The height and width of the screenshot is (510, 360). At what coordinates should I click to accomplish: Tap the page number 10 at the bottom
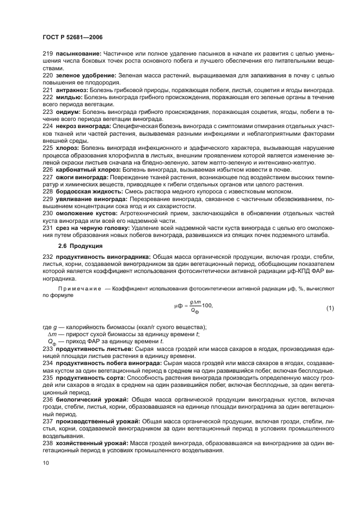[x=45, y=463]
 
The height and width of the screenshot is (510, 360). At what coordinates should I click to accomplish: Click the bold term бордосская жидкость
[x=86, y=191]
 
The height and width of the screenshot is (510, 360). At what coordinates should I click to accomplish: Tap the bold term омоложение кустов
[x=83, y=214]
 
